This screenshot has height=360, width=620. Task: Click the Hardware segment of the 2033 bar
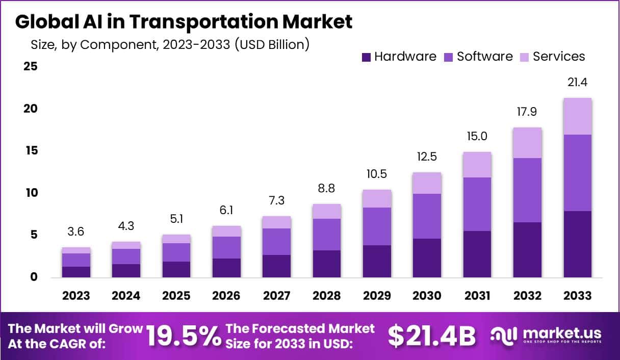(x=578, y=244)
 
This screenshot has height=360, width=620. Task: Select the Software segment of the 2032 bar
(x=527, y=190)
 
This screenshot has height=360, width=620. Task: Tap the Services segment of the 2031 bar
(x=477, y=165)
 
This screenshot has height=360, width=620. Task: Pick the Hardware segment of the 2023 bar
(x=76, y=272)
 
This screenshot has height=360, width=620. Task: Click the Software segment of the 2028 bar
(x=327, y=235)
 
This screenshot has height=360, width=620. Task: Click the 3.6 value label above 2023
(x=76, y=232)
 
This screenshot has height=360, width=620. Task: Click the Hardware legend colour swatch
(x=366, y=57)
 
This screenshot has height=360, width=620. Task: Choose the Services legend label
(x=559, y=57)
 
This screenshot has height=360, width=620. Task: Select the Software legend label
(x=484, y=57)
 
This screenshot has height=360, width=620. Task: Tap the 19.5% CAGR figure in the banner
(x=184, y=336)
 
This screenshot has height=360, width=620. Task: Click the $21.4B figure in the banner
(x=431, y=336)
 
